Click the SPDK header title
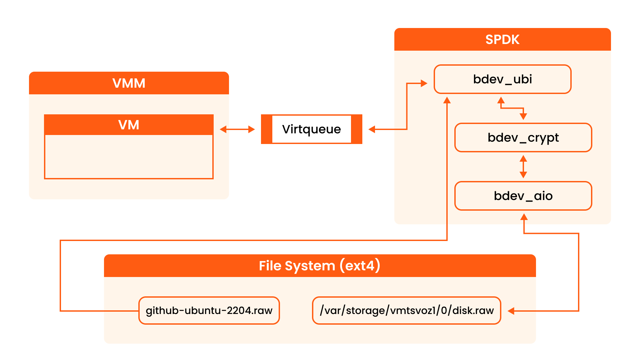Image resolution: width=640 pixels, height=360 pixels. coord(502,40)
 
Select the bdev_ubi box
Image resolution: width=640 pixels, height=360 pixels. coord(502,79)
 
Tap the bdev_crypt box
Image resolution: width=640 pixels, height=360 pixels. coord(523,138)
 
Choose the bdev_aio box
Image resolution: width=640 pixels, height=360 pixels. coord(523,196)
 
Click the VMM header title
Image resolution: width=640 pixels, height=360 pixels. coord(129,83)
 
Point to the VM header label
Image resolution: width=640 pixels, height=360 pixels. coord(129,125)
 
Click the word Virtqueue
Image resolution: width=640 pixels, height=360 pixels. coord(311,129)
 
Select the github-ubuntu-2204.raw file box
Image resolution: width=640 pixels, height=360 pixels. coord(209,310)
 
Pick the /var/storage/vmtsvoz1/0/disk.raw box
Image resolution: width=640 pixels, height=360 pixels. coord(406,310)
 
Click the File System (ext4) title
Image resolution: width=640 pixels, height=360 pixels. coord(319,266)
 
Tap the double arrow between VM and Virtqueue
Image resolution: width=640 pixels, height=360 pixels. coord(237,129)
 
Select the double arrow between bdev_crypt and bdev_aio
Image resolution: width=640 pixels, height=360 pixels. coord(523,167)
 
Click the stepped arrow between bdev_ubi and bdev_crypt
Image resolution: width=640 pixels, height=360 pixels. coord(512,108)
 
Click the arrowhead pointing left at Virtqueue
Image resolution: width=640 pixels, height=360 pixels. coord(372,129)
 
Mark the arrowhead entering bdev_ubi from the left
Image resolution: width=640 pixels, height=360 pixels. coord(424,83)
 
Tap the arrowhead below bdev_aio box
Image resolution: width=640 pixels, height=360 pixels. coord(524,217)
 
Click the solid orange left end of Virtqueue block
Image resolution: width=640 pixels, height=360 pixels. coord(266,129)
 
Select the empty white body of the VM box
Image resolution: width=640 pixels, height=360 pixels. coord(129,156)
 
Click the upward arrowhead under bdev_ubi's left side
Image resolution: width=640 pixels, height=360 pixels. coord(447,100)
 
